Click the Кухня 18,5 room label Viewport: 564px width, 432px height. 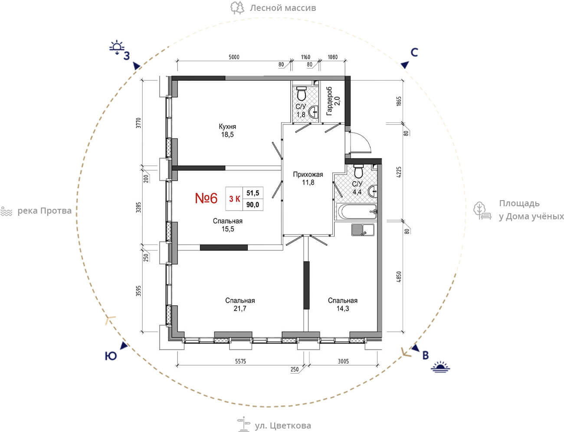click(227, 130)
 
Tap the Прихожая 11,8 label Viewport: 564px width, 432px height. click(308, 178)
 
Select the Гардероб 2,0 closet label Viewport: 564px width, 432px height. click(333, 101)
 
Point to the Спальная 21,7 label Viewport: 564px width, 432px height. click(240, 304)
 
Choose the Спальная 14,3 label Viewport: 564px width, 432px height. click(342, 304)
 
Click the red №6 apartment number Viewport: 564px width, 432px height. click(206, 198)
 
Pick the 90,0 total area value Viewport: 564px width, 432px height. click(252, 205)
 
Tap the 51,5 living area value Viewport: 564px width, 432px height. click(252, 193)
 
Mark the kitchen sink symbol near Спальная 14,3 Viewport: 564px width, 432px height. click(363, 230)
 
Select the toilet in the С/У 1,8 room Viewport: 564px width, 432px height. click(301, 94)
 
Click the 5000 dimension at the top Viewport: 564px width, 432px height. click(234, 57)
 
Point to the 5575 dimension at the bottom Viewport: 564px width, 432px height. click(240, 361)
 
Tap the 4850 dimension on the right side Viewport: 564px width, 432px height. click(399, 277)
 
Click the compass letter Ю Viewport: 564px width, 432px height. click(111, 356)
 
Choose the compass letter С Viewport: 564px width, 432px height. click(414, 53)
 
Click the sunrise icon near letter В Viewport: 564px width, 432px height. click(440, 367)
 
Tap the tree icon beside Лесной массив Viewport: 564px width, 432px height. click(237, 8)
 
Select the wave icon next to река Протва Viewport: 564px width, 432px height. click(7, 211)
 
